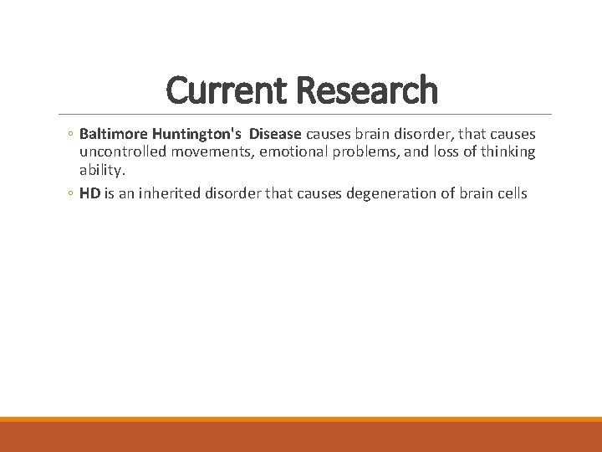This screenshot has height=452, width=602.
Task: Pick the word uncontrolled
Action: click(122, 152)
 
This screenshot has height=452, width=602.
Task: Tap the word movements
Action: click(211, 152)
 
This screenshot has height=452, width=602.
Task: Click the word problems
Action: click(369, 152)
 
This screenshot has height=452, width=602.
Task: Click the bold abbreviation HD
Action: click(89, 193)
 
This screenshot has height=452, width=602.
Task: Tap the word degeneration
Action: click(374, 193)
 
